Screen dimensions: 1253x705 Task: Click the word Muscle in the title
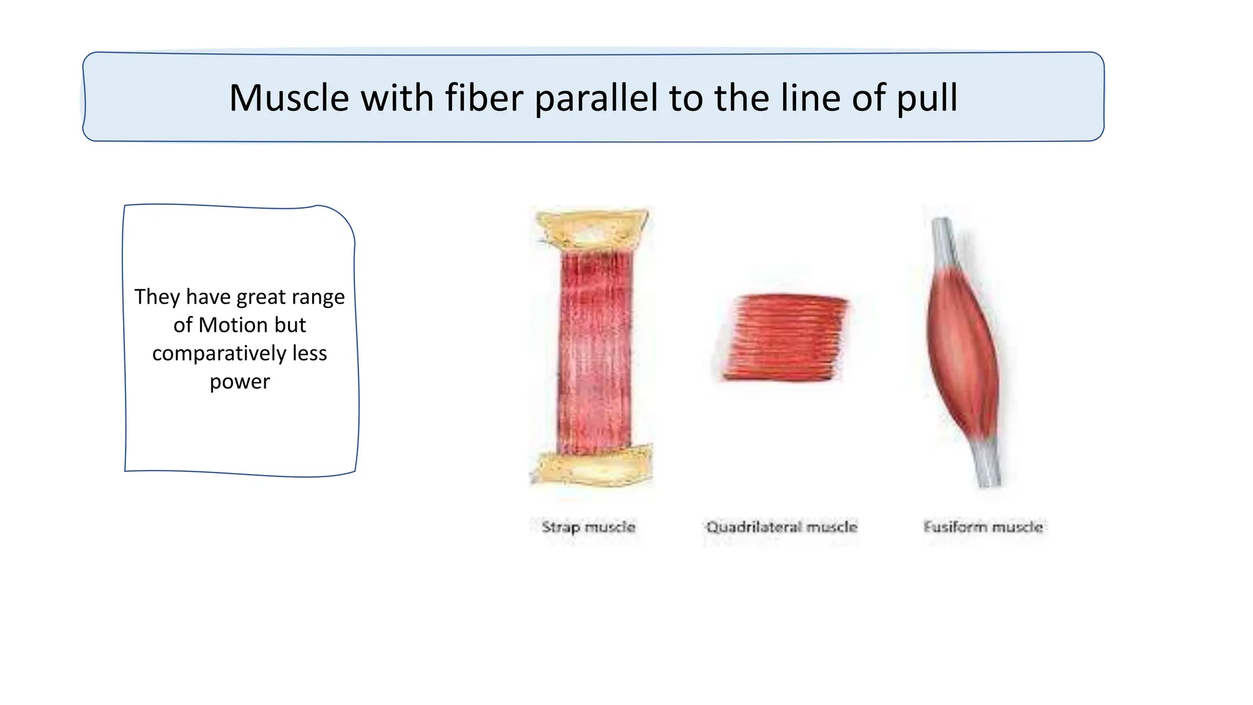[x=289, y=98]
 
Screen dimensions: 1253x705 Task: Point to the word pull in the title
[x=927, y=99]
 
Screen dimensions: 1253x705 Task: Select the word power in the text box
[x=239, y=382]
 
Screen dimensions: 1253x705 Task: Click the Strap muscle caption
[x=589, y=527]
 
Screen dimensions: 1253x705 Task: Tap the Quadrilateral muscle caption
[x=781, y=527]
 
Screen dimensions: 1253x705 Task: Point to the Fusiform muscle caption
[x=983, y=527]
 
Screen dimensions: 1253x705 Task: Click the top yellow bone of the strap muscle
[x=592, y=231]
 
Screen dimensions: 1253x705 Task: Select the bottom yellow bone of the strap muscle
[x=592, y=468]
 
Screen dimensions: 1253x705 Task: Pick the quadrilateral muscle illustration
[x=782, y=337]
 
